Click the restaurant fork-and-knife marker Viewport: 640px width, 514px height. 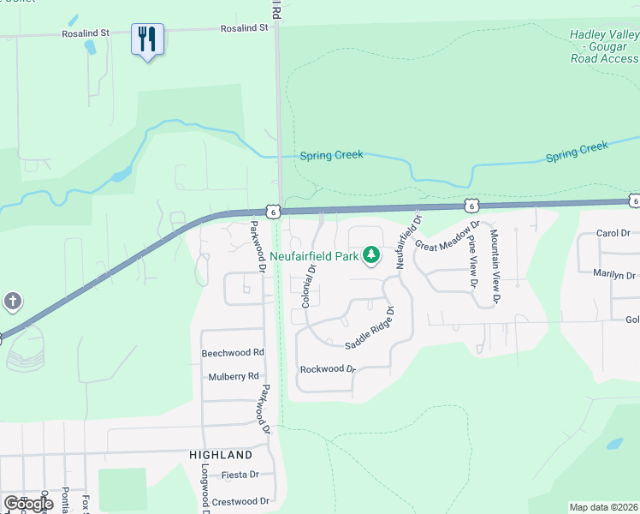coord(147,39)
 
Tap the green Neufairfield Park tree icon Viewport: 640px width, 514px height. coord(371,255)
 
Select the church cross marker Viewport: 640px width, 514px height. coord(12,301)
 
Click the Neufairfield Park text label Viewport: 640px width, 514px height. coord(313,255)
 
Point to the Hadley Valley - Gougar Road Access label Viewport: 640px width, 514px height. coord(604,46)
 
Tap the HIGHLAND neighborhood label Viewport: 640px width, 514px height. coord(221,455)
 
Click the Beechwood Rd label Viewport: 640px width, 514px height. coord(233,352)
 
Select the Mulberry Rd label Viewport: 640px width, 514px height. coord(234,376)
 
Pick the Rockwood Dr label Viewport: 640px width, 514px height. coord(328,369)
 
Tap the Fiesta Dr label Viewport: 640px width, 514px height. coord(240,475)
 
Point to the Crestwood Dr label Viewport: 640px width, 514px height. coord(240,501)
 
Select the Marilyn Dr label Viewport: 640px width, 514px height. coord(614,275)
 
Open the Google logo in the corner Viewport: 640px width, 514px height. coord(28,504)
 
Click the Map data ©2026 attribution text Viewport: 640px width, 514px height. coord(604,507)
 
